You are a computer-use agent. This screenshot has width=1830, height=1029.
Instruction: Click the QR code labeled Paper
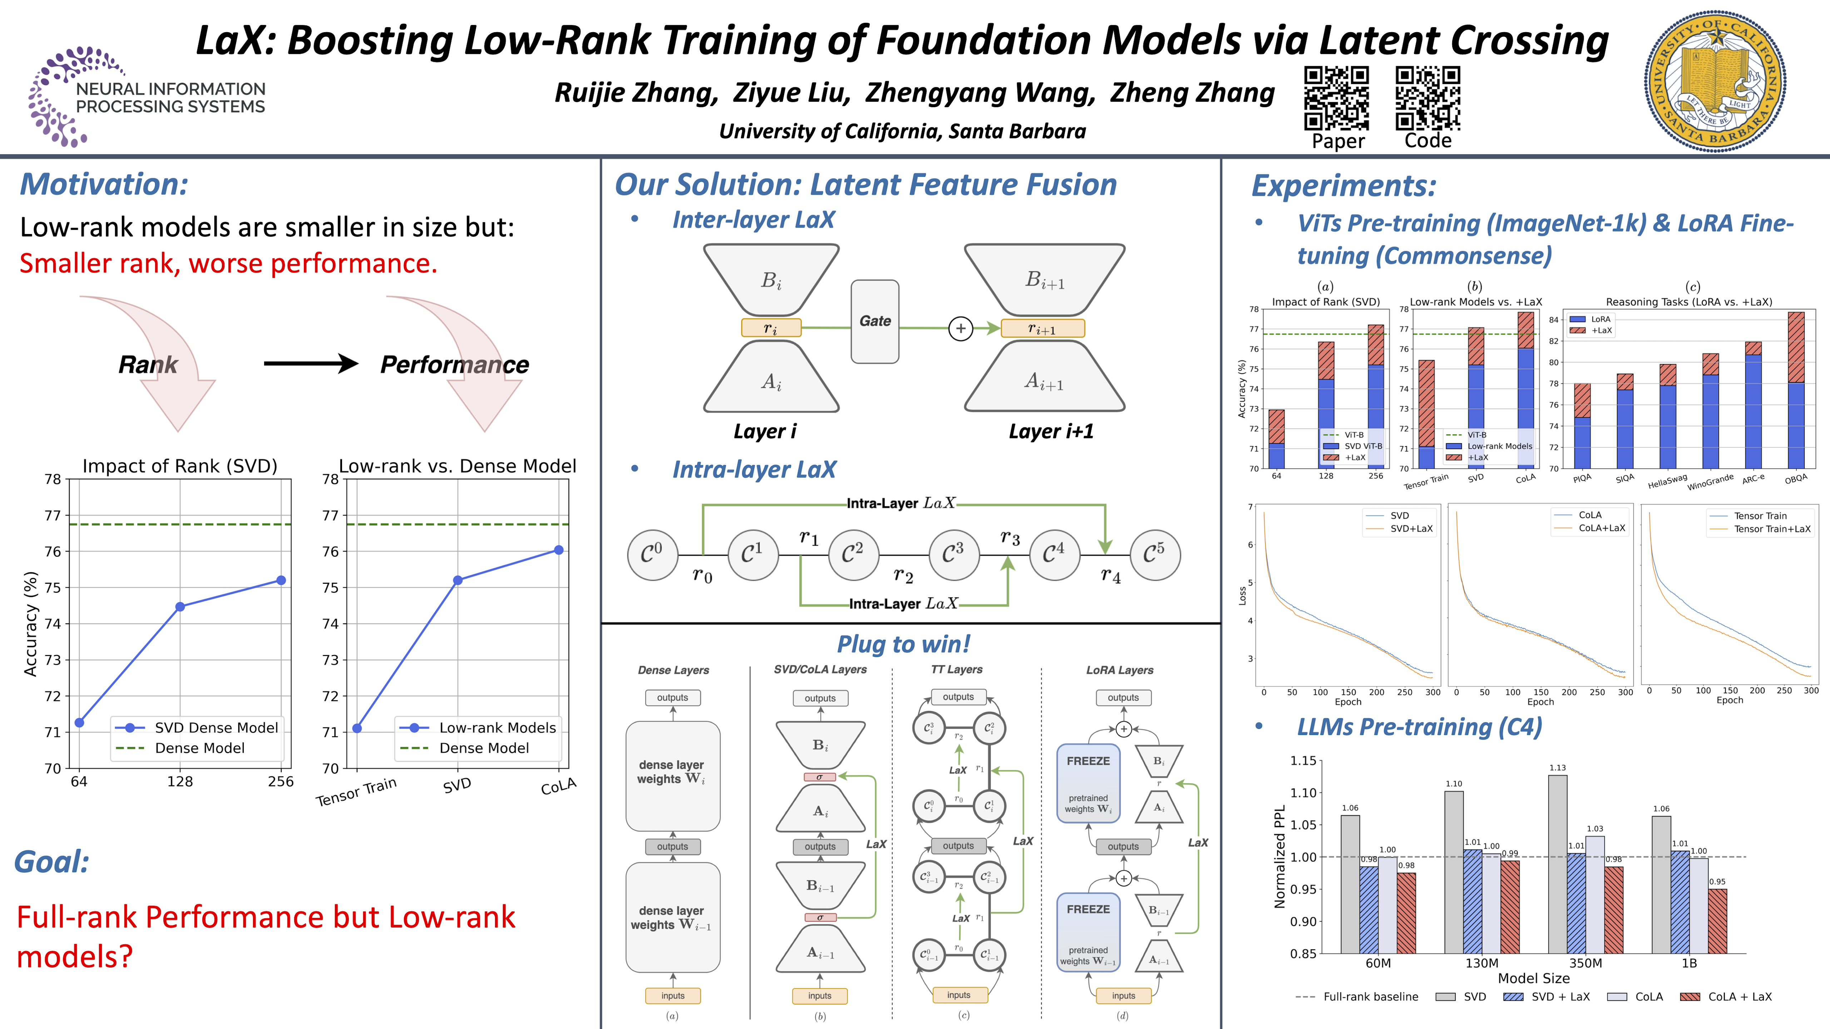pyautogui.click(x=1336, y=99)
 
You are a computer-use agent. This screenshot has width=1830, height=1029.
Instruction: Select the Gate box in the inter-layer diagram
pyautogui.click(x=875, y=321)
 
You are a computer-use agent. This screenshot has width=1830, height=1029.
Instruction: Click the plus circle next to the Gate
pyautogui.click(x=960, y=328)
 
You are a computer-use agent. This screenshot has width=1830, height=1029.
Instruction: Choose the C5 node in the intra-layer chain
pyautogui.click(x=1154, y=555)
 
